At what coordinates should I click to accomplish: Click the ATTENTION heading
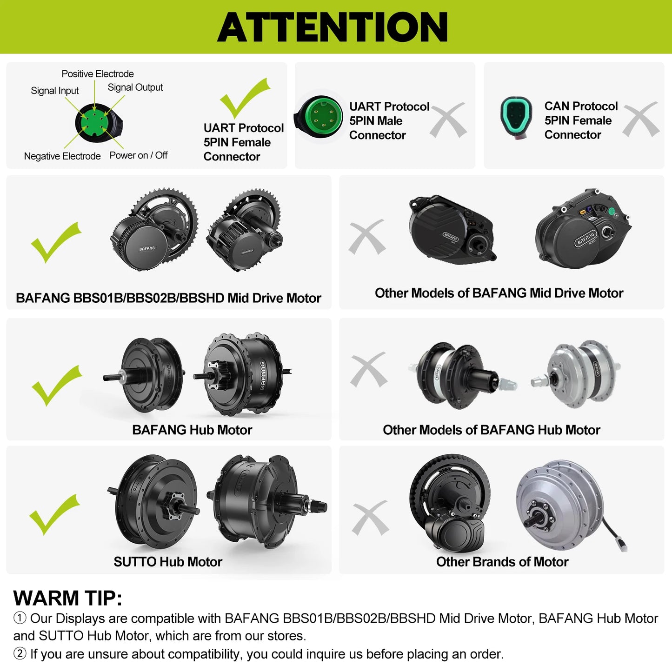coord(333,27)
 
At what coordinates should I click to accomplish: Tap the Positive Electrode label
coord(98,74)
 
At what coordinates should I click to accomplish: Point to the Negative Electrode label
coord(62,156)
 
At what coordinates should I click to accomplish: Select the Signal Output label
coord(135,87)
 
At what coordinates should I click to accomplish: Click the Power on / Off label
coord(139,155)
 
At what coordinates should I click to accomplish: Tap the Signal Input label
coord(55,91)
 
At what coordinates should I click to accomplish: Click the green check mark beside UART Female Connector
coord(244,98)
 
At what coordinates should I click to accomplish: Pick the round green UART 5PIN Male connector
coord(319,117)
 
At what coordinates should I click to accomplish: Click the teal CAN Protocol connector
coord(516,118)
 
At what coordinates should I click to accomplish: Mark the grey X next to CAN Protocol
coord(641,119)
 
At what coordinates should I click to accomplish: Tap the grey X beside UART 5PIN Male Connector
coord(448,120)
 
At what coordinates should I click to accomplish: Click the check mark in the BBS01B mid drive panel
coord(56,242)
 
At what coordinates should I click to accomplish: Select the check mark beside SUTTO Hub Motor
coord(55,514)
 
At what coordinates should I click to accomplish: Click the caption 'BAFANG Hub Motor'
coord(192,430)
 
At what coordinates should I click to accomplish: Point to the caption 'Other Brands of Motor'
coord(502,561)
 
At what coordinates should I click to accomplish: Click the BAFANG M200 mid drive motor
coord(584,228)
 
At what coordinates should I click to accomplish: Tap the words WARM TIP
coord(67,598)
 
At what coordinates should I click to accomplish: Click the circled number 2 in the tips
coord(20,653)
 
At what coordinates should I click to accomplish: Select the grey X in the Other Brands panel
coord(370,518)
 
